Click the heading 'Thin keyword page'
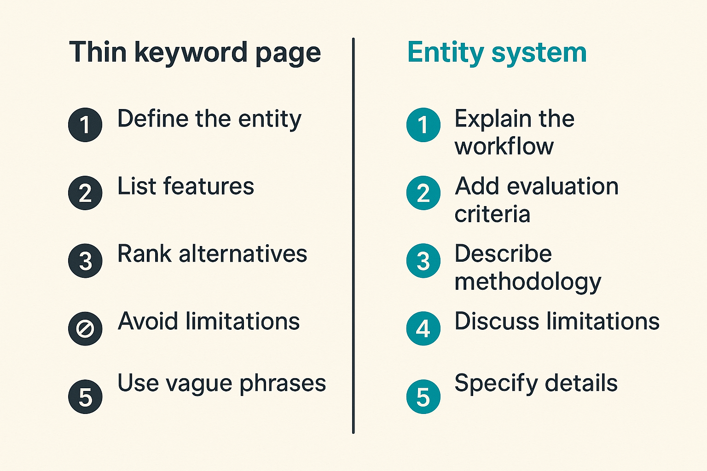pos(195,53)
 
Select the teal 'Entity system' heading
pos(497,53)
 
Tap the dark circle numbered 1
pos(85,125)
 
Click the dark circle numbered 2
pos(85,193)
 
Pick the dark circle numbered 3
pos(85,261)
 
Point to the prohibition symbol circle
pos(85,329)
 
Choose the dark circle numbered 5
pos(85,396)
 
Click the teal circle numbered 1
pos(423,125)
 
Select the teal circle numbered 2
pos(423,193)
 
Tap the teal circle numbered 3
pos(423,261)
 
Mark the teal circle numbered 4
pos(423,329)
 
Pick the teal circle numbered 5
pos(423,396)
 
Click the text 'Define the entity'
pos(209,120)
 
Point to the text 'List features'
pos(185,186)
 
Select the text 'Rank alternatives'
pos(212,253)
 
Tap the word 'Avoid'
pos(148,321)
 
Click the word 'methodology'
pos(528,283)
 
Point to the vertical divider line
pos(353,235)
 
